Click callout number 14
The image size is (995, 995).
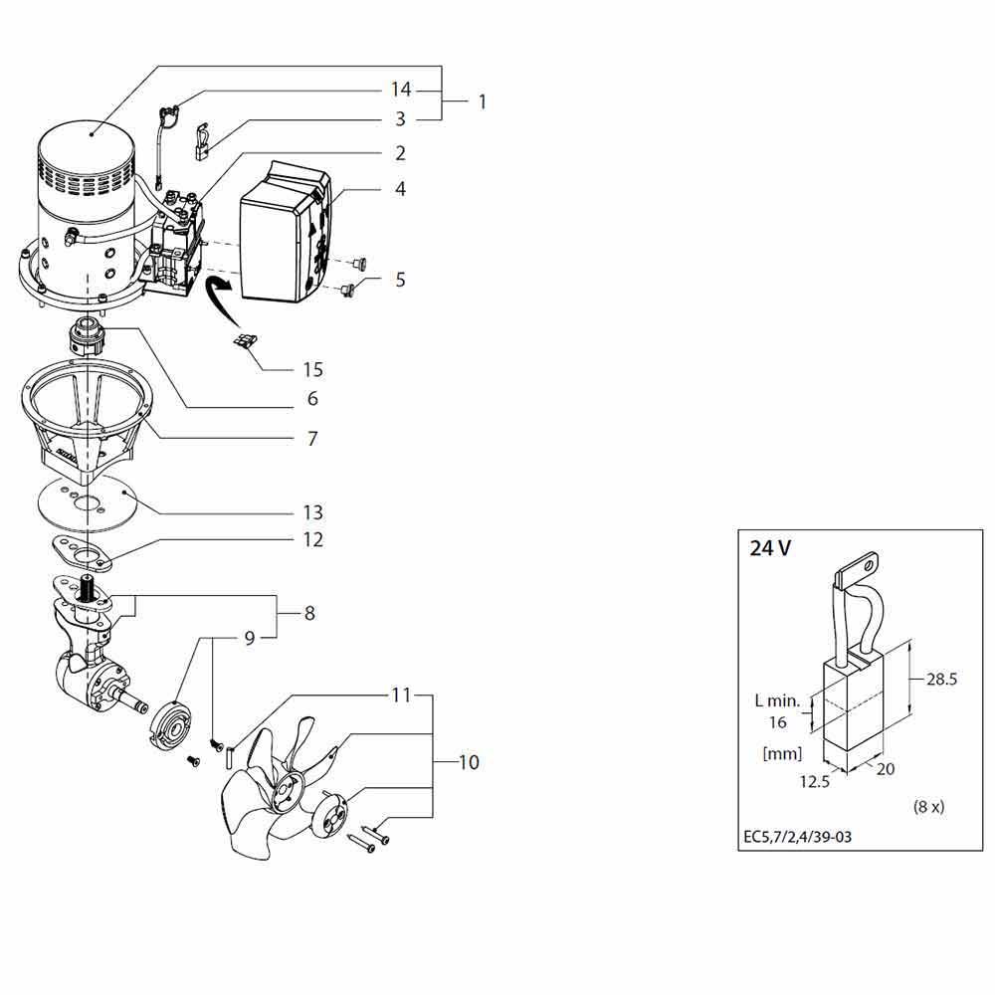pos(400,90)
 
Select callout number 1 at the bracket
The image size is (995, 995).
pos(483,101)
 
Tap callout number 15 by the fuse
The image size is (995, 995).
pos(312,369)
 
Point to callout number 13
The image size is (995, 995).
pos(312,512)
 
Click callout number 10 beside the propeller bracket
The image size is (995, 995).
pos(469,762)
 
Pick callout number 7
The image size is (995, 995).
pos(312,439)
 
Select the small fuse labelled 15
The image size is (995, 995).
pos(245,342)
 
